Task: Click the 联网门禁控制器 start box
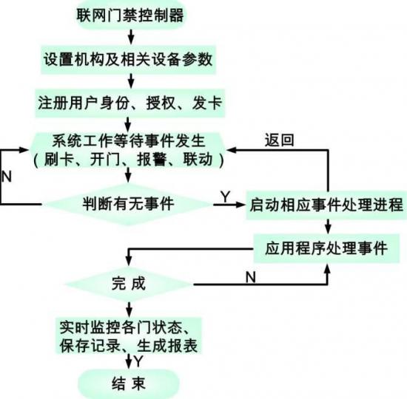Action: click(130, 14)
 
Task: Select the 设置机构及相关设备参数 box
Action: click(128, 60)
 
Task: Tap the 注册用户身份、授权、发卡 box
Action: click(129, 103)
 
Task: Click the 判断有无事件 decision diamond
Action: click(128, 204)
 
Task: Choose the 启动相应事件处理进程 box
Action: click(326, 205)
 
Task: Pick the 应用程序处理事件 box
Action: click(326, 248)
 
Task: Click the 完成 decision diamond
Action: click(129, 284)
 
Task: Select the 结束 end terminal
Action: click(129, 384)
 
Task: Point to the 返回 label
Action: click(279, 140)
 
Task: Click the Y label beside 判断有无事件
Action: click(225, 197)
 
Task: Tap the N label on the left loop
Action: click(7, 177)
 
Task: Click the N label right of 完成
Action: click(250, 277)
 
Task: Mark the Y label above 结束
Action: click(138, 361)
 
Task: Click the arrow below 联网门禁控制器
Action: click(131, 37)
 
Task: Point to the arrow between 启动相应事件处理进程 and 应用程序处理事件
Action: click(328, 227)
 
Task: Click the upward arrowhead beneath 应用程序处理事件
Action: click(328, 270)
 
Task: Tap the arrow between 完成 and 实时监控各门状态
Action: click(129, 310)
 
